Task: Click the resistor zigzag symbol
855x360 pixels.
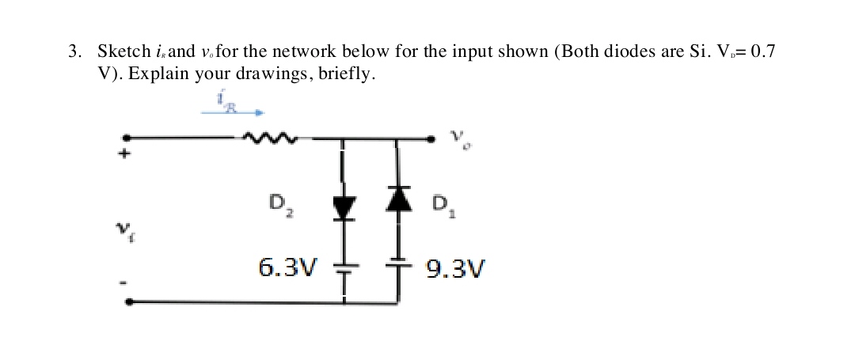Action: click(270, 139)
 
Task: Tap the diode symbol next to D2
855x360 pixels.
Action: click(343, 207)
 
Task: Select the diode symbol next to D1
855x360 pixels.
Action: click(397, 197)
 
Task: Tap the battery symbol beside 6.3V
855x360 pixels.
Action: click(343, 268)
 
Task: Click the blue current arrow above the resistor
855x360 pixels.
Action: click(232, 112)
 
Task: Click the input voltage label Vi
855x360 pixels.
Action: click(124, 230)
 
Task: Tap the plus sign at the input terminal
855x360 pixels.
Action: click(123, 155)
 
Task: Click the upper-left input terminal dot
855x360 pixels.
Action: click(125, 138)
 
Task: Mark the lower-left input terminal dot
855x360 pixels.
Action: click(129, 301)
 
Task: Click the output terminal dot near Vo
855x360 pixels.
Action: click(432, 139)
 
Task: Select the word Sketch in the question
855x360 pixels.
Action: click(123, 52)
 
